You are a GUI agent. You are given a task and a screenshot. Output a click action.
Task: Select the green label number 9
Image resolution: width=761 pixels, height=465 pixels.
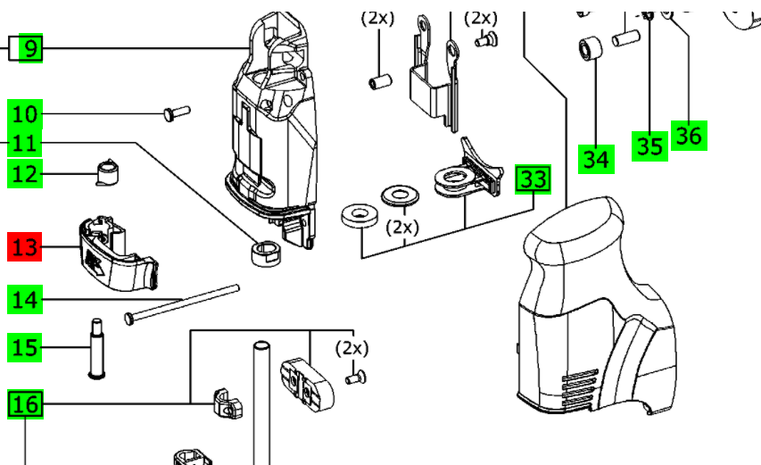tap(30, 46)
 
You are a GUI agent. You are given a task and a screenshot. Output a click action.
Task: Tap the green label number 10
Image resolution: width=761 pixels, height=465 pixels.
tap(26, 113)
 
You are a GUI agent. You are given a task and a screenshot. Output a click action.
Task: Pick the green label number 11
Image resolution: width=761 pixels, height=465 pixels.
tap(26, 143)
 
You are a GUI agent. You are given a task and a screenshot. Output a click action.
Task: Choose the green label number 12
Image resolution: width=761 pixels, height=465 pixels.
tap(26, 173)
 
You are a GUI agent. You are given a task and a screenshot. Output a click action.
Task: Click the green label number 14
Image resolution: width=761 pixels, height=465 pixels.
tap(26, 298)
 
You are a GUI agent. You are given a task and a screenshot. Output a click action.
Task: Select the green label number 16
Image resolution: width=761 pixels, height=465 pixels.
tap(26, 403)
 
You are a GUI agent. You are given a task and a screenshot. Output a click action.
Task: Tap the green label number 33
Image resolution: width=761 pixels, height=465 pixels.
tap(534, 179)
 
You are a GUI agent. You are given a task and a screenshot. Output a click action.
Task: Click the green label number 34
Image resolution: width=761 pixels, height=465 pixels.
tap(596, 159)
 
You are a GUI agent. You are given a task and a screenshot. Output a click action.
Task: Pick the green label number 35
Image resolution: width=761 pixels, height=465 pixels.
tap(649, 145)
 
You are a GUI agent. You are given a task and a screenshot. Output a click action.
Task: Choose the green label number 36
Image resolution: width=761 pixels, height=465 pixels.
tap(689, 135)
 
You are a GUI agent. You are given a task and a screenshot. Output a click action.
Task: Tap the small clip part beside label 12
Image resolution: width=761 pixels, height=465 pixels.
tap(106, 170)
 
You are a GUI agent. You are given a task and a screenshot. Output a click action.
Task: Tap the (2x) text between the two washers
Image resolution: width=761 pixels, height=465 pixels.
tap(402, 227)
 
